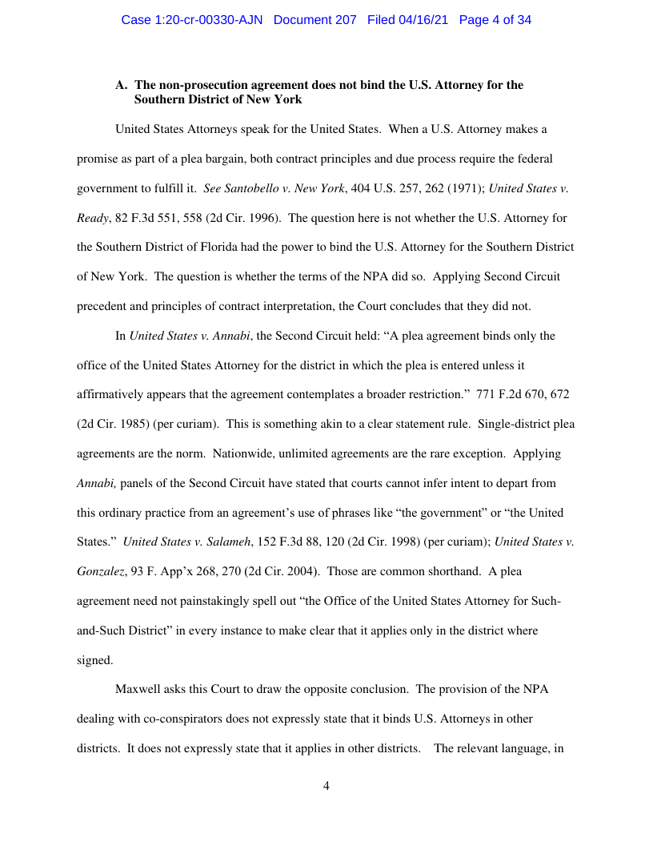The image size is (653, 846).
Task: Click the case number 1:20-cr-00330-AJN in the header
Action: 194,19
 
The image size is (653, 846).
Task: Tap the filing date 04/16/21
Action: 425,19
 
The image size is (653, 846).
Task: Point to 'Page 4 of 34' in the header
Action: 495,19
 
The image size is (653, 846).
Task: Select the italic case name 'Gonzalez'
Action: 100,571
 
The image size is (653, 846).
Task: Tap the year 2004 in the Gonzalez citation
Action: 303,571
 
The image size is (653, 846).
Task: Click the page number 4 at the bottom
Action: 326,786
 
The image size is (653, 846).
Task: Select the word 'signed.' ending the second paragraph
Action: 94,660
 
